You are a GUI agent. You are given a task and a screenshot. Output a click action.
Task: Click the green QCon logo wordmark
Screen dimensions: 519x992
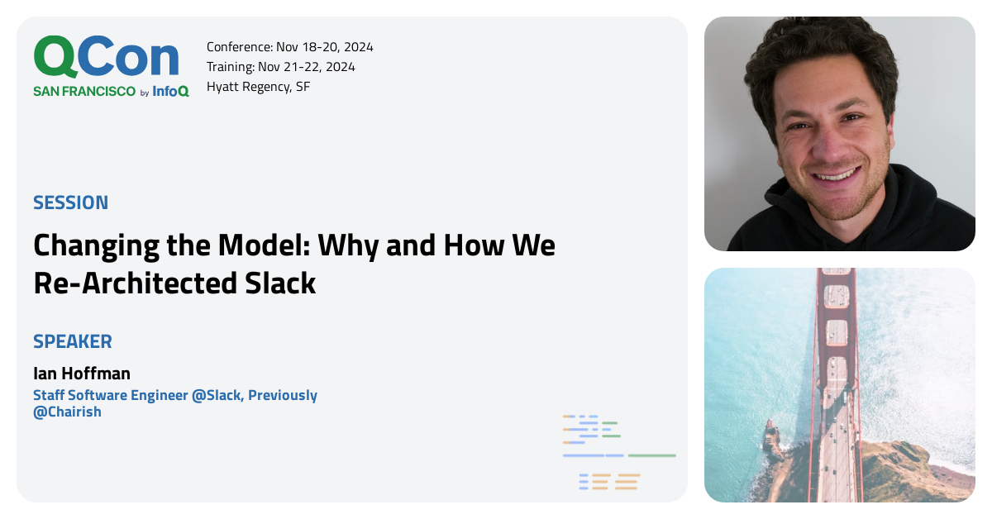coord(106,58)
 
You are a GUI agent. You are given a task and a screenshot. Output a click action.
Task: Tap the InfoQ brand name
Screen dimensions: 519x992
coord(171,92)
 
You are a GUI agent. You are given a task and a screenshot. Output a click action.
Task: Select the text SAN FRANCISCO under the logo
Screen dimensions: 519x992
coord(84,92)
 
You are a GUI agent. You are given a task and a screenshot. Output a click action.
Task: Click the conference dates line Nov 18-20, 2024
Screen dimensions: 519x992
coord(290,47)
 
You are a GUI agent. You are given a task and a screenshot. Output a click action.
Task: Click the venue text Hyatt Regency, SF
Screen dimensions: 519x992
coord(258,87)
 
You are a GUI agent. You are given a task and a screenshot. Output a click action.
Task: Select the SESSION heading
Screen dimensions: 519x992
coord(71,202)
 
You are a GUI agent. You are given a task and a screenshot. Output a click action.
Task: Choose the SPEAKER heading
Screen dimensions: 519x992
coord(73,341)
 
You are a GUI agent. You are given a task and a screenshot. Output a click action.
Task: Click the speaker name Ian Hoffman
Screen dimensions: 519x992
coord(82,374)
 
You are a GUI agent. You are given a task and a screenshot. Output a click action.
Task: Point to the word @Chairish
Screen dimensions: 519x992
coord(67,412)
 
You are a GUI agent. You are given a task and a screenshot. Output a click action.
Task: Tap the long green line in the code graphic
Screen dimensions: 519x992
coord(651,455)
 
